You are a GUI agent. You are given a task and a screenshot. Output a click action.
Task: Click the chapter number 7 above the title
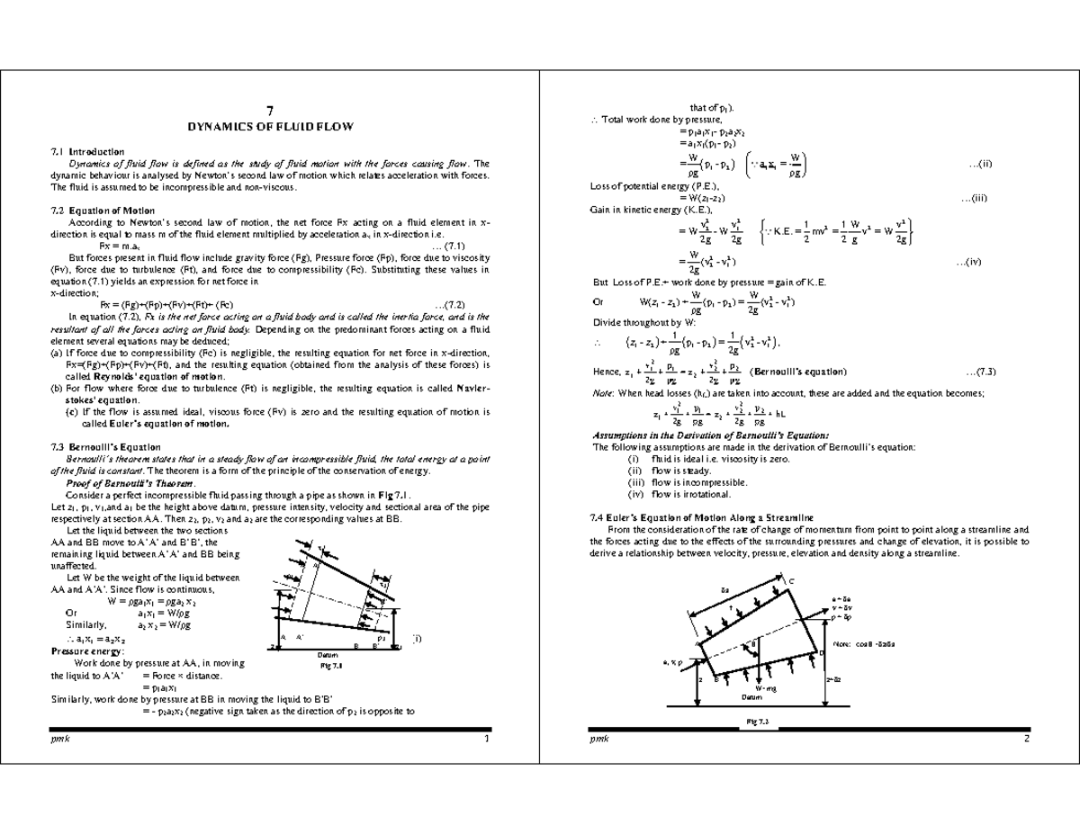coord(269,111)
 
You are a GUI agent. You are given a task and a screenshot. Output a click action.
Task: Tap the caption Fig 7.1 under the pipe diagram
coord(332,667)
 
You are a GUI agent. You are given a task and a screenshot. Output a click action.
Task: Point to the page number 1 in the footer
coord(486,739)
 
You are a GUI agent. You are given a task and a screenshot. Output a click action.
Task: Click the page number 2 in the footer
coord(1025,739)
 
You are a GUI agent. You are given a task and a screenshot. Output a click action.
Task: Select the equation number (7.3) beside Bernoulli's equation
coord(979,372)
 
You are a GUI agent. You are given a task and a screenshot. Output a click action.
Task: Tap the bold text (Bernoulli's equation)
coord(798,372)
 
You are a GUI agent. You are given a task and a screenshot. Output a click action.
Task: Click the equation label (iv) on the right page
coord(978,263)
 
